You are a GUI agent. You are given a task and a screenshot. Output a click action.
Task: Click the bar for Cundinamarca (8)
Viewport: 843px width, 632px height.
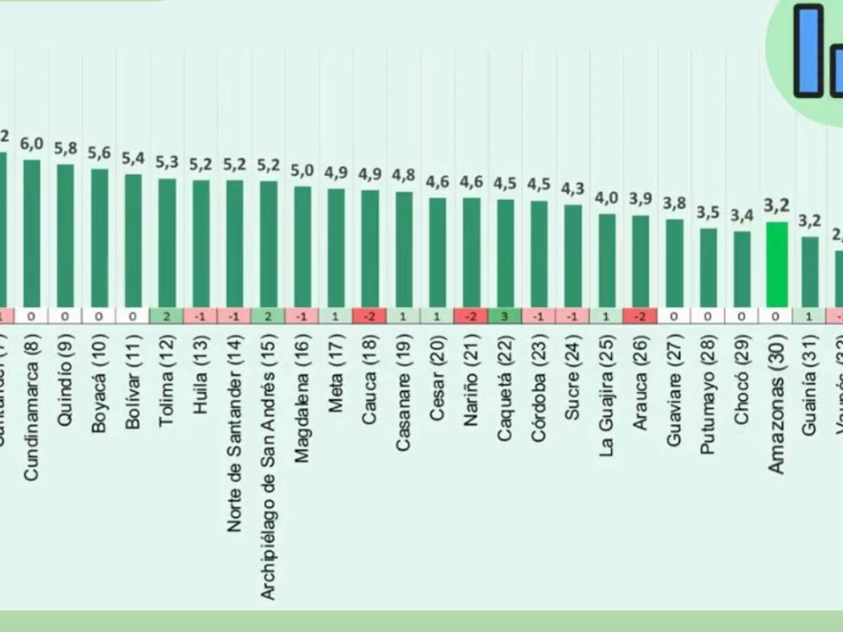pos(32,233)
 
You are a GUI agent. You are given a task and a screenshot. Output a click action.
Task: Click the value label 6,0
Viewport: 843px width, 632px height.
pos(32,144)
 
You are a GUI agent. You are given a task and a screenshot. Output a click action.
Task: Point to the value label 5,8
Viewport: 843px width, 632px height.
pos(65,149)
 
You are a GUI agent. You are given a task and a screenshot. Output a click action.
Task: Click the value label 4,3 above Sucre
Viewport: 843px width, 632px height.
pos(573,189)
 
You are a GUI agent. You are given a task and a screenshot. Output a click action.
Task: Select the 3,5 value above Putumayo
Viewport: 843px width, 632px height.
pos(708,212)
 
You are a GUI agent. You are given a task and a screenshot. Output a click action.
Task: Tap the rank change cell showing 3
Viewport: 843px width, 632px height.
pos(505,316)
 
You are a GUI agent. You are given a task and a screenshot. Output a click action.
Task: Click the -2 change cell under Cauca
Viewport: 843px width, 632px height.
pos(370,316)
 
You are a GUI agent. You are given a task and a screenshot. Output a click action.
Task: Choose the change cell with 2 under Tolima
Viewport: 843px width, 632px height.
pos(167,316)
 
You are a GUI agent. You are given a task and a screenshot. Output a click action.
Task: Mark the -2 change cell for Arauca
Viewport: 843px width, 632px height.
pos(640,316)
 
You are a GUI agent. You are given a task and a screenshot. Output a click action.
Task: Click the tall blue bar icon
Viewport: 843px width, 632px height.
pos(808,51)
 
